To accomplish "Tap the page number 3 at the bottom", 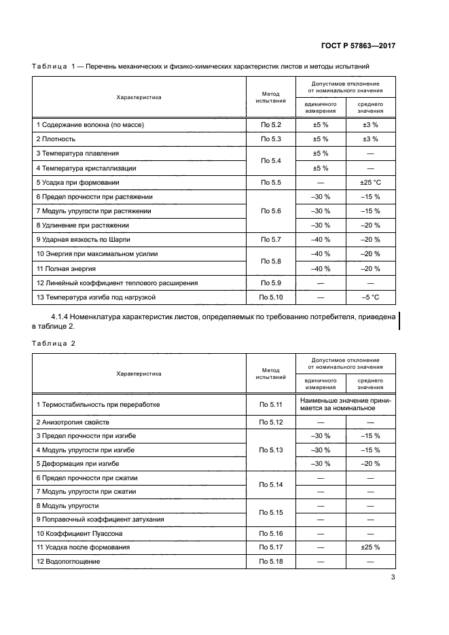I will click(x=393, y=578).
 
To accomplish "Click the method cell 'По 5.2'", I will click(x=270, y=124).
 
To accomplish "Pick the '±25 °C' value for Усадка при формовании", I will click(x=370, y=182).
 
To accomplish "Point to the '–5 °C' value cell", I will click(x=370, y=297).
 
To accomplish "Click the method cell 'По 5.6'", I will click(x=270, y=211).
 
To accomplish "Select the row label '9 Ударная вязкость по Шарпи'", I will click(x=83, y=240).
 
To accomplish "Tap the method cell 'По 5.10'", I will click(x=270, y=297).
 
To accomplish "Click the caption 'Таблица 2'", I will click(x=54, y=343).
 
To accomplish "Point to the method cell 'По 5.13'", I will click(x=270, y=450).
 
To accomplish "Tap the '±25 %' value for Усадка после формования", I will click(x=370, y=547).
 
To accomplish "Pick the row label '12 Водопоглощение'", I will click(x=69, y=562).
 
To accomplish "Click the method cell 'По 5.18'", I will click(x=270, y=562).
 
